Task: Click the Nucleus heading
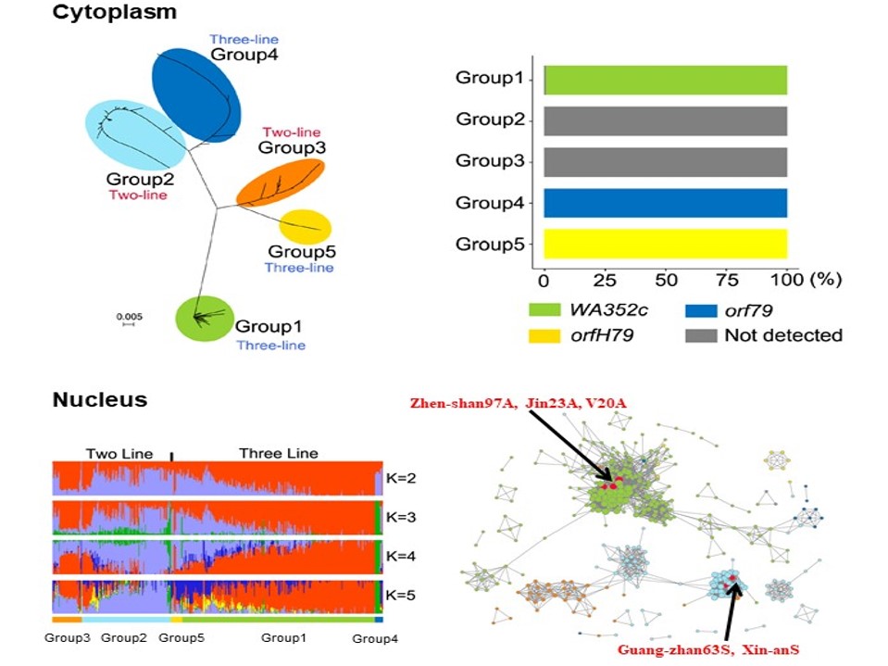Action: (x=99, y=400)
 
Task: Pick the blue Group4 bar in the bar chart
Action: (x=665, y=203)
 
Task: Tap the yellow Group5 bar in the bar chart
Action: (x=665, y=244)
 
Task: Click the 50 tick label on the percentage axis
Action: (x=665, y=280)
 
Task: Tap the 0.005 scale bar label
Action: (x=128, y=316)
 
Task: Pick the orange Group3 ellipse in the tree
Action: (x=281, y=182)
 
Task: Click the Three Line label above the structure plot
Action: (x=278, y=454)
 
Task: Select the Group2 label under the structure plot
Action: (x=124, y=638)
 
